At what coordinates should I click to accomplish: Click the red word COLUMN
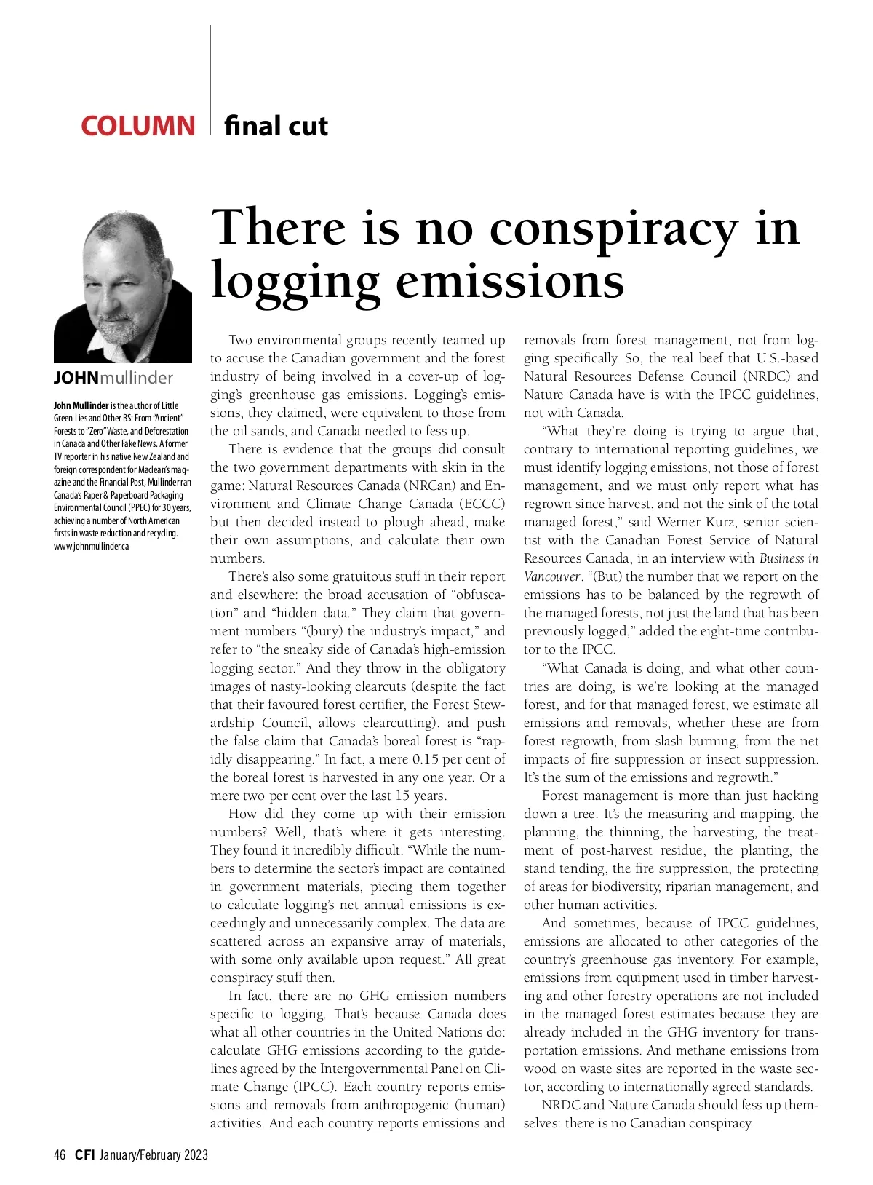click(137, 126)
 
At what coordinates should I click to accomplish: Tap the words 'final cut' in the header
click(276, 126)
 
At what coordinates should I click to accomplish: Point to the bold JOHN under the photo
click(76, 378)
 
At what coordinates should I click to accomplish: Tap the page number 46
click(60, 1154)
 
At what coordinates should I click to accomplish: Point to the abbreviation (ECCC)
click(482, 504)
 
